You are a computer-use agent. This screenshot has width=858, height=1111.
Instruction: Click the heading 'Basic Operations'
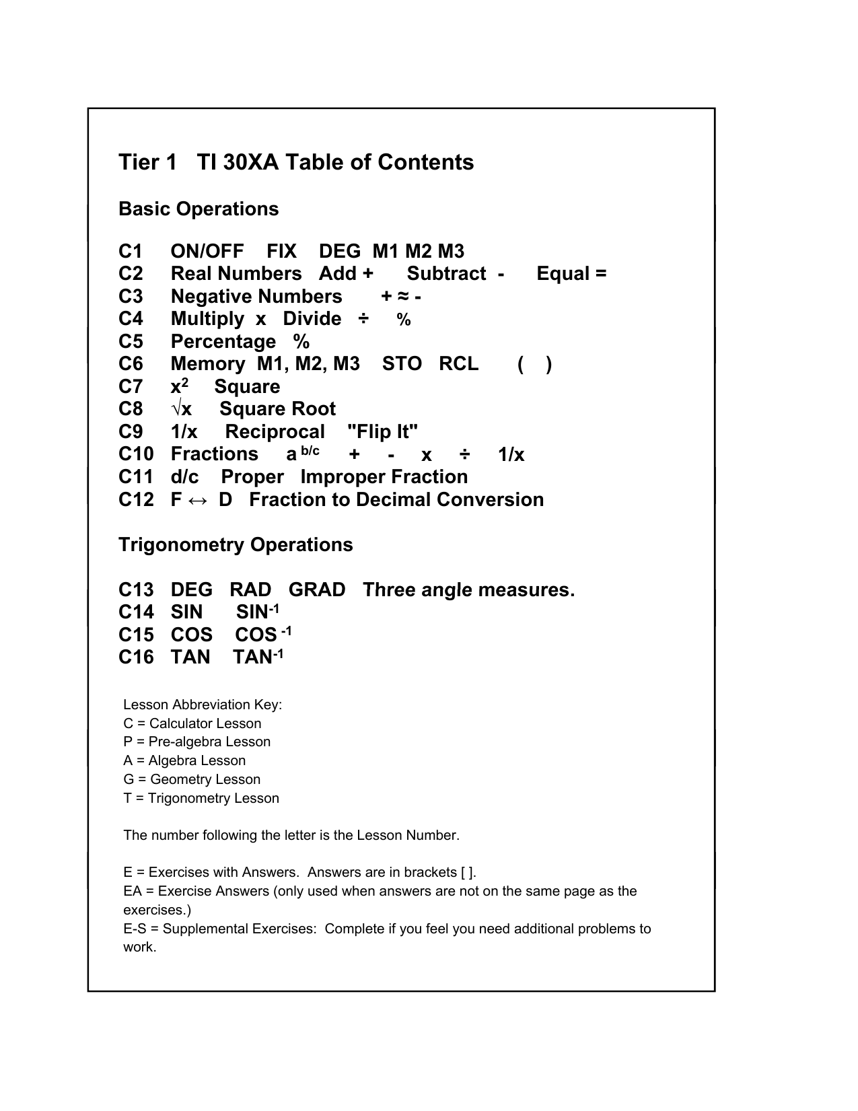(x=199, y=209)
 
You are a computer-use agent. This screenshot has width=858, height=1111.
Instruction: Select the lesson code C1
(x=131, y=252)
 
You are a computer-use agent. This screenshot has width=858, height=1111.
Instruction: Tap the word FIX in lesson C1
(x=281, y=252)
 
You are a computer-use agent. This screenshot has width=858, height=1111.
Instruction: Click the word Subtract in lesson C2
(x=446, y=274)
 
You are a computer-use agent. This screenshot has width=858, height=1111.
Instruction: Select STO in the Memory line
(x=402, y=364)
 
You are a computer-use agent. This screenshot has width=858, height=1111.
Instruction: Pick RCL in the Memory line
(x=458, y=364)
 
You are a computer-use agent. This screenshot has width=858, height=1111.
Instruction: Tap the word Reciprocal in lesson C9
(x=275, y=432)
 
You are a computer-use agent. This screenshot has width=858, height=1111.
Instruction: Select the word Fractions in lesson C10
(x=214, y=455)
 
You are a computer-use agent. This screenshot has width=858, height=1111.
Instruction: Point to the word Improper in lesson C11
(x=343, y=477)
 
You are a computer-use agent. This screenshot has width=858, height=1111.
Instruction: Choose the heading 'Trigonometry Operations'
(x=236, y=545)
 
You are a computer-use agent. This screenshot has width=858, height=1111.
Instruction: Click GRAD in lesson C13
(x=317, y=590)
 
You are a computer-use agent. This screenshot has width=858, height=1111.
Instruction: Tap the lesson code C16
(x=136, y=657)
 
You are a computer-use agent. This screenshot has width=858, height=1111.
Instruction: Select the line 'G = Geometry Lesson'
(x=192, y=779)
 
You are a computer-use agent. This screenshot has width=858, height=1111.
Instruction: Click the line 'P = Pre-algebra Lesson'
(x=196, y=742)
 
